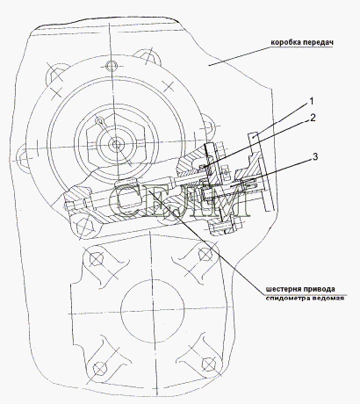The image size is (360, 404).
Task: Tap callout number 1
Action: click(x=312, y=101)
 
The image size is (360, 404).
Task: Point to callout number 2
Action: click(x=313, y=118)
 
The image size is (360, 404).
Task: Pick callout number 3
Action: click(x=315, y=157)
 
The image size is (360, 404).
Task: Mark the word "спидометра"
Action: click(x=285, y=298)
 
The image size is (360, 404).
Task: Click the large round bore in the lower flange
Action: click(x=153, y=311)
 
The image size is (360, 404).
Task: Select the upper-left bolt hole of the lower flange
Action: click(x=96, y=259)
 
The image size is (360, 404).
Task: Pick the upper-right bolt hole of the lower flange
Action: click(x=205, y=253)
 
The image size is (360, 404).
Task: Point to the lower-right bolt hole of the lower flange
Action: click(x=208, y=364)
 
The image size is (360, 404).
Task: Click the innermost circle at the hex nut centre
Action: click(x=117, y=144)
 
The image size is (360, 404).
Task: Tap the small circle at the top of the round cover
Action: click(x=112, y=65)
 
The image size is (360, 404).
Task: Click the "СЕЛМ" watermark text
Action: click(x=179, y=200)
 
